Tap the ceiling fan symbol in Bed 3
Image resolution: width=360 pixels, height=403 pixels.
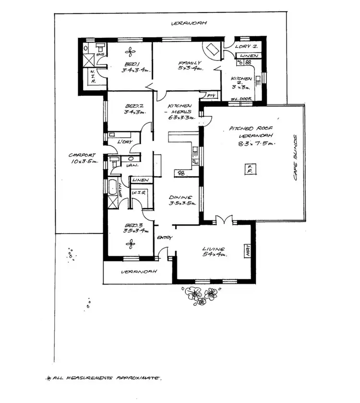point(129,245)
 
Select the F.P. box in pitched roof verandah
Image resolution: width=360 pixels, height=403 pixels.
point(249,169)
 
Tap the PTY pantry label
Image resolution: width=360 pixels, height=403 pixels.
point(210,96)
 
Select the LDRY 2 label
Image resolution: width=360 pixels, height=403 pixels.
point(247,47)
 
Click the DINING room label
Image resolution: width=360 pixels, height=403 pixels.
point(180,197)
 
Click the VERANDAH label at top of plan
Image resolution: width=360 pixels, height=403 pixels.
point(185,23)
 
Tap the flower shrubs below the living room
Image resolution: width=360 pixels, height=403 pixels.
point(200,293)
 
